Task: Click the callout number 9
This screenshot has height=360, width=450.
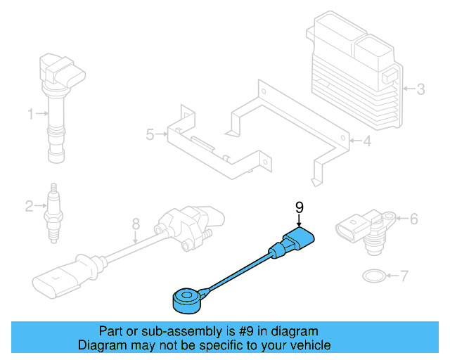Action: tap(299, 207)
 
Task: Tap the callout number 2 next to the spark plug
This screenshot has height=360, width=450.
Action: tap(29, 206)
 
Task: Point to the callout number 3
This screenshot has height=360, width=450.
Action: tap(420, 89)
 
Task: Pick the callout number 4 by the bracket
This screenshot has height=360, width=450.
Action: tap(366, 142)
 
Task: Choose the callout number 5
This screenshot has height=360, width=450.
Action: tap(149, 134)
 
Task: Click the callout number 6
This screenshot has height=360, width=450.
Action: tap(413, 219)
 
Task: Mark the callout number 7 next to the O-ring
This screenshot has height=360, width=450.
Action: tap(403, 276)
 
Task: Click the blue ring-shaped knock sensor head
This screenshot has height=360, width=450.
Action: tap(186, 300)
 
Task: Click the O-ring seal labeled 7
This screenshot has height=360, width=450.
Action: tap(373, 275)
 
